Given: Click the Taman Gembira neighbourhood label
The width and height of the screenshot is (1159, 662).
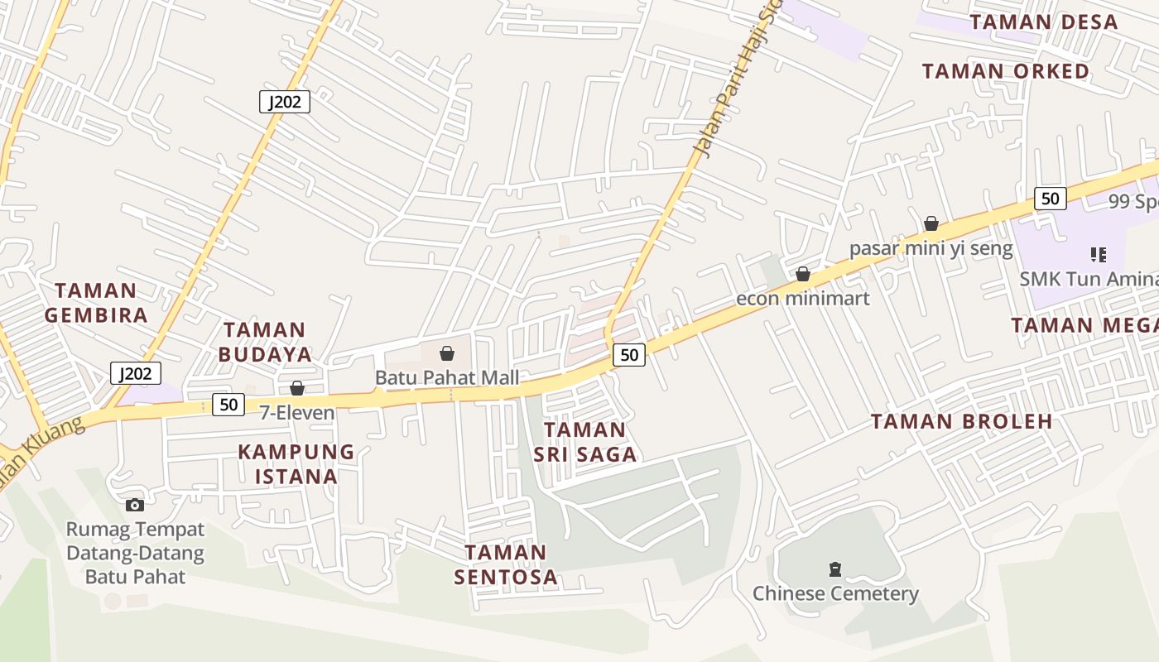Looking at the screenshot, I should pyautogui.click(x=96, y=302).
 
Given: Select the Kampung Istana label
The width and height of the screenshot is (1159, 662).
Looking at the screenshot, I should pyautogui.click(x=296, y=463).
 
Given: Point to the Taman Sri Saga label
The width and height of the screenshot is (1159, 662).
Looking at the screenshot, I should pyautogui.click(x=584, y=441).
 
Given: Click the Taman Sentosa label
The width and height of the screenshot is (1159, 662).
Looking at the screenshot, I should pyautogui.click(x=506, y=564).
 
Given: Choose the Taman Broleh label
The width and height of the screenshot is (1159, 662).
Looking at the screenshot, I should pyautogui.click(x=961, y=421).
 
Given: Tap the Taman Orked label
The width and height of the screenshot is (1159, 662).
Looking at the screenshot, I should pyautogui.click(x=1006, y=71).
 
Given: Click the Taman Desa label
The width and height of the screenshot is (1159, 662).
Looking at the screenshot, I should pyautogui.click(x=1044, y=22).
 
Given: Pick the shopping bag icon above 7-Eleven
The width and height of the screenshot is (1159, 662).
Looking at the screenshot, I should pyautogui.click(x=297, y=388).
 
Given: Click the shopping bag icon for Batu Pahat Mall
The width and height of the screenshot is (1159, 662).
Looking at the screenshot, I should pyautogui.click(x=447, y=354).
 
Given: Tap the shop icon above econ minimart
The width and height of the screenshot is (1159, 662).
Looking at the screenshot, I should pyautogui.click(x=802, y=274).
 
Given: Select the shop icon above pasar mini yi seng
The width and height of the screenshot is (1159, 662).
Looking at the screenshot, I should pyautogui.click(x=931, y=223).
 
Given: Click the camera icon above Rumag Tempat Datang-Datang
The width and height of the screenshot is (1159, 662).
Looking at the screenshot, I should pyautogui.click(x=135, y=505).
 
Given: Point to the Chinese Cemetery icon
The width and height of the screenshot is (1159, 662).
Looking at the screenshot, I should pyautogui.click(x=834, y=569).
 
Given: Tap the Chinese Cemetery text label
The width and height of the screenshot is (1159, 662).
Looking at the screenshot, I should pyautogui.click(x=835, y=593).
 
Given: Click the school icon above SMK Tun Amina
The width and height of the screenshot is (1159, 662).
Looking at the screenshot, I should pyautogui.click(x=1099, y=255).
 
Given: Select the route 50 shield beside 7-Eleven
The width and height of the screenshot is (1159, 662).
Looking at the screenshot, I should pyautogui.click(x=228, y=405).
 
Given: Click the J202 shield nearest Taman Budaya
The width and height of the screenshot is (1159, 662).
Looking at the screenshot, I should pyautogui.click(x=136, y=373).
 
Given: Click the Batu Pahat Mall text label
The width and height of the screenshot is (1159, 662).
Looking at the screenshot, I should pyautogui.click(x=447, y=377).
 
